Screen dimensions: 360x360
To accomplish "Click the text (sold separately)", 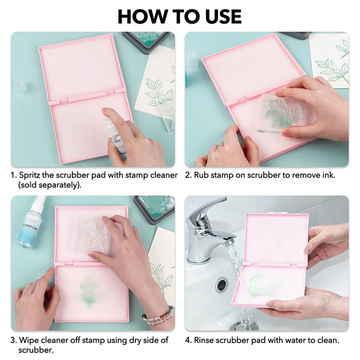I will pos(49,185).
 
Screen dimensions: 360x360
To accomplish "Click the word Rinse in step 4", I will pos(205,340).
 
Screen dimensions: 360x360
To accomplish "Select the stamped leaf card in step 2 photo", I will pos(330,60).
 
